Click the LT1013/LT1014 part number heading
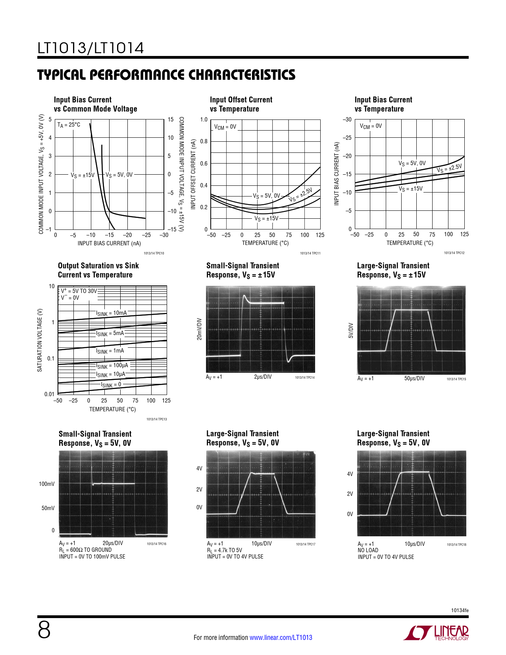[90, 48]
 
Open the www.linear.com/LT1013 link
[281, 638]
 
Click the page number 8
[44, 630]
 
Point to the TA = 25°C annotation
[69, 125]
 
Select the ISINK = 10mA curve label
[112, 313]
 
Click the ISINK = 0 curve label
[111, 385]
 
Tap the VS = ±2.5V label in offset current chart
[300, 195]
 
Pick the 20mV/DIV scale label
[199, 329]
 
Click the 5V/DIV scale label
[350, 330]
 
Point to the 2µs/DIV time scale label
[263, 377]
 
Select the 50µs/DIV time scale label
[414, 378]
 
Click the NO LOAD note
[368, 550]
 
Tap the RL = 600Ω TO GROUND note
[85, 550]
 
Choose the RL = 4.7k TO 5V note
[224, 550]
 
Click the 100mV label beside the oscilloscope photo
[47, 484]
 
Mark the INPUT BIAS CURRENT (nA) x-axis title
[109, 243]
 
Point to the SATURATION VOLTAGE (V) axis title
[40, 340]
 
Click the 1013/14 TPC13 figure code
[156, 419]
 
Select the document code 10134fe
[460, 610]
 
